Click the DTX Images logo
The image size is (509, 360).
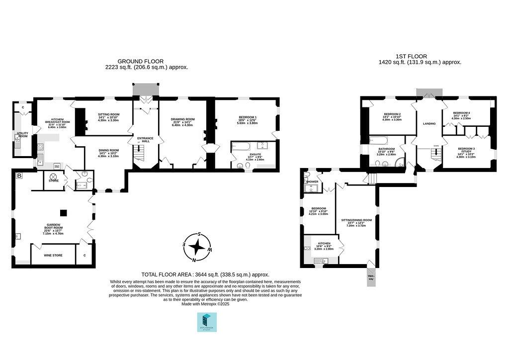click(x=206, y=322)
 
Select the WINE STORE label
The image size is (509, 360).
click(x=54, y=255)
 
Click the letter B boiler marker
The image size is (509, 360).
click(x=19, y=176)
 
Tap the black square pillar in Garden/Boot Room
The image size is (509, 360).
click(x=63, y=213)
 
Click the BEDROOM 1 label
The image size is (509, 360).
click(x=247, y=117)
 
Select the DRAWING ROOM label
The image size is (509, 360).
click(x=182, y=119)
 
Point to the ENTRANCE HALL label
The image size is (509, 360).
click(x=145, y=140)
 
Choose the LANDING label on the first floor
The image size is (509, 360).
click(x=429, y=124)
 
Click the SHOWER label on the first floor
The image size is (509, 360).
click(x=312, y=181)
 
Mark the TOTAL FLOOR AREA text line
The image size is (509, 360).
click(x=205, y=274)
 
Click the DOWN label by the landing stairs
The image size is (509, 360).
click(x=435, y=146)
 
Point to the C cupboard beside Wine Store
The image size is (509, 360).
click(x=85, y=255)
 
